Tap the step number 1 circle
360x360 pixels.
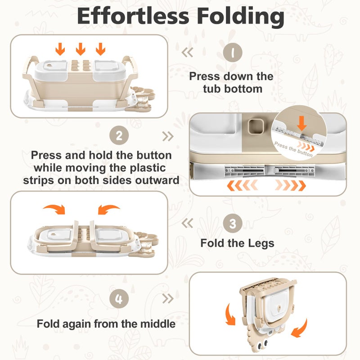(232, 53)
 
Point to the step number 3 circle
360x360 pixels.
(232, 223)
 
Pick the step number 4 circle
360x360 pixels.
(119, 299)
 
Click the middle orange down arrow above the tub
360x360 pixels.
(80, 48)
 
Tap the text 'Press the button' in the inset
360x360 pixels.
(293, 149)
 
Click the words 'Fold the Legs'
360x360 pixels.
(237, 243)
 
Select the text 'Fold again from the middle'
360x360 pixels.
(106, 323)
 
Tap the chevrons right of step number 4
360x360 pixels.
(167, 299)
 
